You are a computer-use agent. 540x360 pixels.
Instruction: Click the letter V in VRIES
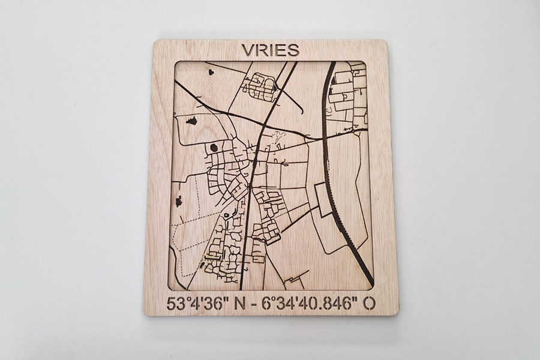(x=247, y=50)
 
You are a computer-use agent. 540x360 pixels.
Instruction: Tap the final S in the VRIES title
(x=293, y=50)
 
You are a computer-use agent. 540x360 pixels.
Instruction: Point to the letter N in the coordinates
(x=240, y=303)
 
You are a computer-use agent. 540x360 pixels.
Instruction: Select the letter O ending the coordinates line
(x=370, y=303)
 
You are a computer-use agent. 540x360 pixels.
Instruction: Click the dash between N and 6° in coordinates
(x=256, y=304)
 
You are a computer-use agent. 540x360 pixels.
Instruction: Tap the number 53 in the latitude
(x=176, y=303)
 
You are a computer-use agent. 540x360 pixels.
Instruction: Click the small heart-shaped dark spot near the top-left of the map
(x=211, y=72)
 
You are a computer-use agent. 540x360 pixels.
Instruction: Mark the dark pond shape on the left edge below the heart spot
(x=191, y=121)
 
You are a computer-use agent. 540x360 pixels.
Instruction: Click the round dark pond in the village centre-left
(x=214, y=147)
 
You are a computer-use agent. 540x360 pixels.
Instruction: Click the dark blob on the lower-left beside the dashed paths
(x=178, y=202)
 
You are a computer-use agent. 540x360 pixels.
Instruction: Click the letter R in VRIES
(x=260, y=50)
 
